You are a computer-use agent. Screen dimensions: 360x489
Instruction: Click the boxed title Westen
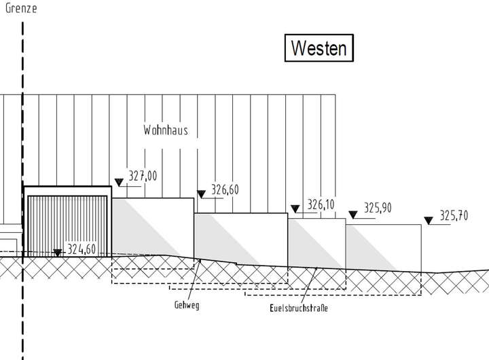[319, 49]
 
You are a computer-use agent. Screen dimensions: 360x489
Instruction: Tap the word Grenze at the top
[21, 9]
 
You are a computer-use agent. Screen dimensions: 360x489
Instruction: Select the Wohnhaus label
[166, 130]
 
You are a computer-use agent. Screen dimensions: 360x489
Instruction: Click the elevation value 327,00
[143, 177]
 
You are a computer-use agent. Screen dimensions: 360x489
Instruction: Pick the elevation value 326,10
[321, 204]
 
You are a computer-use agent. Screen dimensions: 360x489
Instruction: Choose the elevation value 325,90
[378, 209]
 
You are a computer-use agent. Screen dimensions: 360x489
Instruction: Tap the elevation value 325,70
[454, 216]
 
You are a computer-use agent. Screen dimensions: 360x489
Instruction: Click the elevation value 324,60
[81, 249]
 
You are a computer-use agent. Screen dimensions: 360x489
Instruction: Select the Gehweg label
[187, 306]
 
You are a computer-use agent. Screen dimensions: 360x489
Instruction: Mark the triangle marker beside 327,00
[119, 182]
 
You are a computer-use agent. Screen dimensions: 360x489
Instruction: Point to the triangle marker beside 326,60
[201, 194]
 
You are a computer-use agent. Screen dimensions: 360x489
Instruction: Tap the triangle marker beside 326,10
[295, 209]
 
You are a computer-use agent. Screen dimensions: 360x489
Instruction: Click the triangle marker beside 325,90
[352, 215]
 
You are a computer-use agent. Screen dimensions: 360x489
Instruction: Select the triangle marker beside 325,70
[429, 220]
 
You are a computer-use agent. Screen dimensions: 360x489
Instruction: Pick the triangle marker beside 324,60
[58, 253]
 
